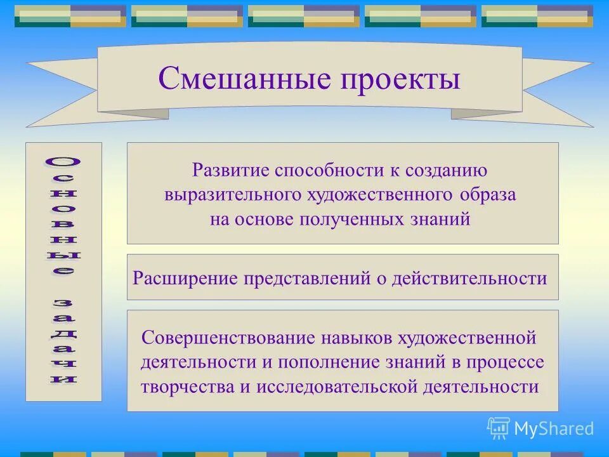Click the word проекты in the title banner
coord(399,81)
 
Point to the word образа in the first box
coord(488,195)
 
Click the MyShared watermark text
coord(554,428)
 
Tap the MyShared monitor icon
coord(499,428)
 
